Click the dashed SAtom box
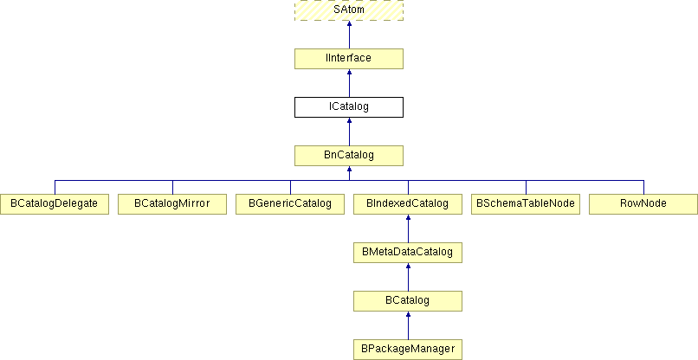(349, 10)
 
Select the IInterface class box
(349, 59)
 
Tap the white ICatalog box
(349, 107)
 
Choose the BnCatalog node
(349, 156)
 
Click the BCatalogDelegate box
(55, 204)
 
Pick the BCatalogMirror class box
(172, 204)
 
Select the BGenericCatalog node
(290, 204)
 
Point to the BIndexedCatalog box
(408, 204)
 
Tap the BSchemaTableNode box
(526, 204)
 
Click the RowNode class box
(643, 204)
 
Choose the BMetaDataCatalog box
(408, 253)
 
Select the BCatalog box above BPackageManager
(408, 301)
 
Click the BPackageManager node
(408, 350)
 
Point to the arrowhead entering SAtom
(350, 23)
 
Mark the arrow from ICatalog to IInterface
(350, 83)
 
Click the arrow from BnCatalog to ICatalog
(350, 132)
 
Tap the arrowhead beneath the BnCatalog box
(350, 169)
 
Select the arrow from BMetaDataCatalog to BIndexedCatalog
(408, 228)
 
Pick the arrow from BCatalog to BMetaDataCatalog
(408, 277)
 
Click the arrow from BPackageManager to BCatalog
(408, 325)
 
